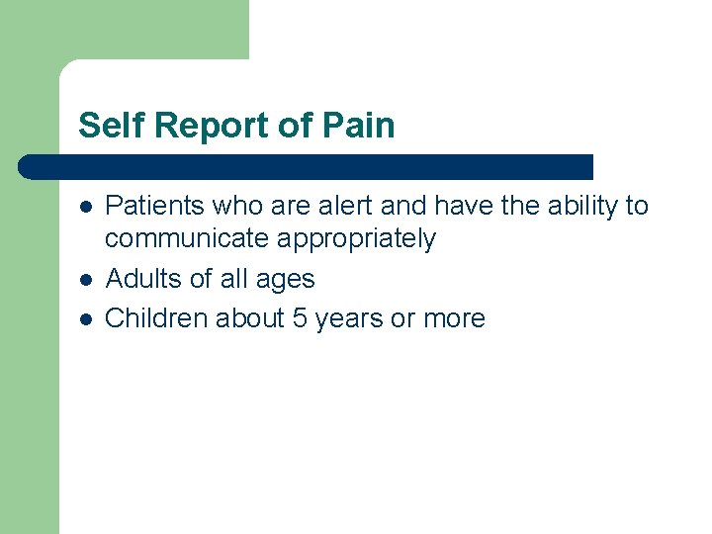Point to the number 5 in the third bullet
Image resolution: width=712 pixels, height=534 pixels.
click(x=301, y=318)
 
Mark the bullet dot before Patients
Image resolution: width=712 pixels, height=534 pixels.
click(x=86, y=207)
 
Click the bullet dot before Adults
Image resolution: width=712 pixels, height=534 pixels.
click(x=86, y=280)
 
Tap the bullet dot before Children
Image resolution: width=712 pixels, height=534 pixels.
click(x=86, y=319)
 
